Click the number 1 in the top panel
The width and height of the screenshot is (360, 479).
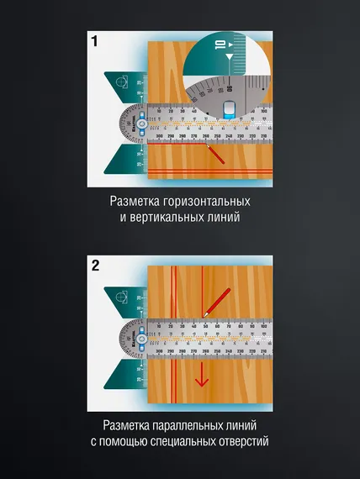pos(95,41)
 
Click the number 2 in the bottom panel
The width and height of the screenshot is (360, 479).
pos(95,266)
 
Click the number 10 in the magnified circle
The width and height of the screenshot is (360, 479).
pos(219,46)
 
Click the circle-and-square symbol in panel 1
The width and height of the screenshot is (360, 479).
pos(123,82)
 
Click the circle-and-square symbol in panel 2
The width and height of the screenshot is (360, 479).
pos(123,297)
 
